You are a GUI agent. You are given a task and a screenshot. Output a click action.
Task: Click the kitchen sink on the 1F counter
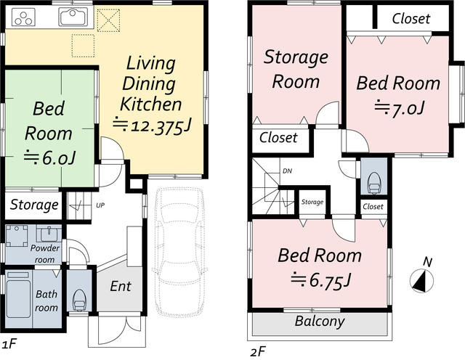point(73,17)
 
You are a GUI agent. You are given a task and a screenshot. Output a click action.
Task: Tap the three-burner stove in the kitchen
point(23,17)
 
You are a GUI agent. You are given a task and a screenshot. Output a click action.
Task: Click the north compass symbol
point(421,280)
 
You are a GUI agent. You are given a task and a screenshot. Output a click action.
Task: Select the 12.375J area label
point(152,126)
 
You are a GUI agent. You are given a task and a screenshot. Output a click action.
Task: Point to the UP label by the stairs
point(100,205)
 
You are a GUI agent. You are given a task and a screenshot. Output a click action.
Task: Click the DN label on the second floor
point(287,171)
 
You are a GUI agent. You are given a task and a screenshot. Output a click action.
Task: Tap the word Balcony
point(320,322)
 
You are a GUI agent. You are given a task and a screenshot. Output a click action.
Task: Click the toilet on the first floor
point(79,300)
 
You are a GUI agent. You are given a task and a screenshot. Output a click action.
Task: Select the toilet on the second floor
point(373,183)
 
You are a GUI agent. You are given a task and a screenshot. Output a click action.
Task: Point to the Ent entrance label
point(121,286)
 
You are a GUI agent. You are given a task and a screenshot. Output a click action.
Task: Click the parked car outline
point(178,252)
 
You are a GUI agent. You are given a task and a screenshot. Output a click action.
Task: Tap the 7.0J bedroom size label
point(400,109)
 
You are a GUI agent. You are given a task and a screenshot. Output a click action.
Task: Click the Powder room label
point(45,253)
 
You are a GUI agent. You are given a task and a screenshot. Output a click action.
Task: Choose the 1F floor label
point(9,344)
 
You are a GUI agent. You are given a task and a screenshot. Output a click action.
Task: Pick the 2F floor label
point(258,352)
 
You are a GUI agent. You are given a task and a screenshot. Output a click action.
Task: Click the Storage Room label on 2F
point(296,69)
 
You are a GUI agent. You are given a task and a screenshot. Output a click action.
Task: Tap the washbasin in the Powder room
point(49,234)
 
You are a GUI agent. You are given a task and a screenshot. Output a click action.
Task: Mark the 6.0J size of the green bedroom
point(50,158)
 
